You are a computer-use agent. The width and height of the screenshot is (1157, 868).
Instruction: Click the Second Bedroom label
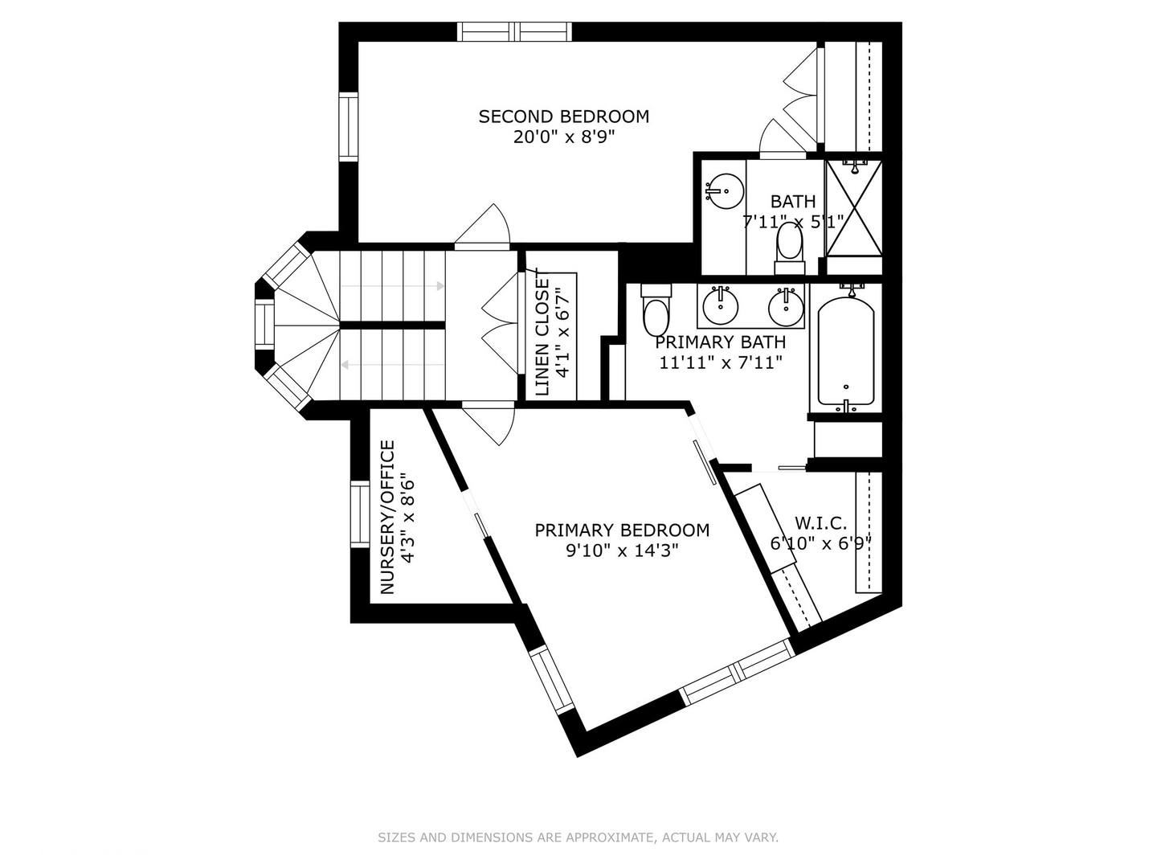click(x=563, y=117)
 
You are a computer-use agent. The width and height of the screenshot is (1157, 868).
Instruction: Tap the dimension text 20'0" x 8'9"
click(x=563, y=137)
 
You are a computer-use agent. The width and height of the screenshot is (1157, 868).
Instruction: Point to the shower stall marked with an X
click(x=854, y=207)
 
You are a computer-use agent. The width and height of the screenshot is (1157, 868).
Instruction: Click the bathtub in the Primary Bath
click(x=845, y=351)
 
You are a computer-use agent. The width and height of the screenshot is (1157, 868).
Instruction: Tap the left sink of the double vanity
click(x=721, y=305)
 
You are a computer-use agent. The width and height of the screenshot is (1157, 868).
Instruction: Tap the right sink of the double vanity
click(x=785, y=305)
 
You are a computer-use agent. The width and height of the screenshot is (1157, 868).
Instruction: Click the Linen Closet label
click(x=543, y=337)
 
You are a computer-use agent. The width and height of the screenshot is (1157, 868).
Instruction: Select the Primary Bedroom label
click(x=622, y=530)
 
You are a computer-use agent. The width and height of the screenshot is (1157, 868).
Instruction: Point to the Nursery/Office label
click(x=387, y=517)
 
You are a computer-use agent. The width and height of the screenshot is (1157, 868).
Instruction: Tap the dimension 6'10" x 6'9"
click(x=820, y=543)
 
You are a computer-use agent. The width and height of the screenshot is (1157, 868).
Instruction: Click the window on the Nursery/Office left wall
click(x=359, y=514)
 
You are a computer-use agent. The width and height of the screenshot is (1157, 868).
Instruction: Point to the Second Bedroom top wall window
click(x=514, y=31)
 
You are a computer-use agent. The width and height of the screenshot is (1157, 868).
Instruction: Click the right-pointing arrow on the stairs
click(x=439, y=286)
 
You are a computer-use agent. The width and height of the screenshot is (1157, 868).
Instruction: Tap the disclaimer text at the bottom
click(x=578, y=837)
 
